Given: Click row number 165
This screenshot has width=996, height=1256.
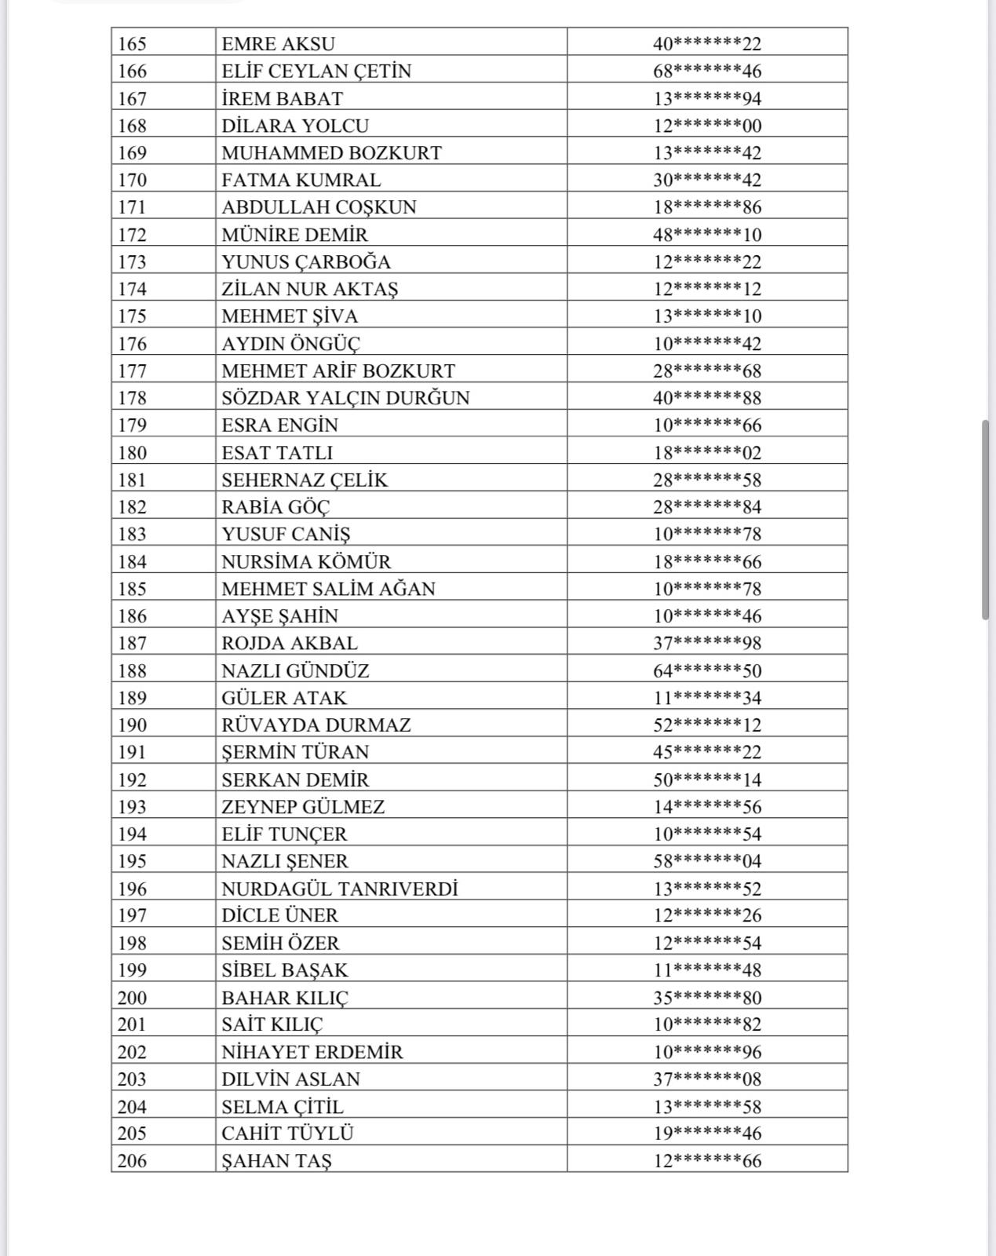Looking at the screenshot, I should tap(132, 44).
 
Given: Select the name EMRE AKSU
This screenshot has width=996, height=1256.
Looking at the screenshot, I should tap(278, 44).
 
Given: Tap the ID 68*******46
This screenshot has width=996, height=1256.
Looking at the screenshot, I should tap(707, 71).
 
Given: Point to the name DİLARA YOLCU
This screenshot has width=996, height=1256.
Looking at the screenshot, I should tap(294, 126).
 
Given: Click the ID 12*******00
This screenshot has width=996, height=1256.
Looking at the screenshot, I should tap(707, 126).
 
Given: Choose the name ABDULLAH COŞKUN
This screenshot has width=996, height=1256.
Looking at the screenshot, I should tap(319, 207).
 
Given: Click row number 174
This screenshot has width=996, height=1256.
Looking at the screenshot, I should tap(132, 289).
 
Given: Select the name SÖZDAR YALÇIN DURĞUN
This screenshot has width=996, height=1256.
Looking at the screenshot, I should tap(345, 398).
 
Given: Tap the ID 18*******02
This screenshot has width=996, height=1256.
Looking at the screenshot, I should tap(707, 452).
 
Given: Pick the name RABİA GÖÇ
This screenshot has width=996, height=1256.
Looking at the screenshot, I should tap(275, 507).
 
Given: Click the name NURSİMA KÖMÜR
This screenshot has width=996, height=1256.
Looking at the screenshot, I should tap(306, 561).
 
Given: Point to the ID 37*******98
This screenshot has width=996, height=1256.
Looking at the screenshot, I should tap(707, 643).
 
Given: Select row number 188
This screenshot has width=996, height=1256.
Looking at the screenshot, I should tap(132, 670).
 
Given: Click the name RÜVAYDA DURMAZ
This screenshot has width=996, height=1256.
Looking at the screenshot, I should tap(316, 725).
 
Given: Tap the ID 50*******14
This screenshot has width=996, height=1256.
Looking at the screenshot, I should tap(707, 780).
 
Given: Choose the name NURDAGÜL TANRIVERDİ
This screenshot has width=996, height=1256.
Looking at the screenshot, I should tap(339, 889).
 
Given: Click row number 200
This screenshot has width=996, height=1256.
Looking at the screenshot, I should tap(132, 998).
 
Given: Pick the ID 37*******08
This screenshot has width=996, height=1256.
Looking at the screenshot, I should tap(707, 1079).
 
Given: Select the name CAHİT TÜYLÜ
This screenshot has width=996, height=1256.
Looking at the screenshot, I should tap(287, 1134).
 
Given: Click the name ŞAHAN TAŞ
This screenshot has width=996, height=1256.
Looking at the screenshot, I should tap(276, 1161).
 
